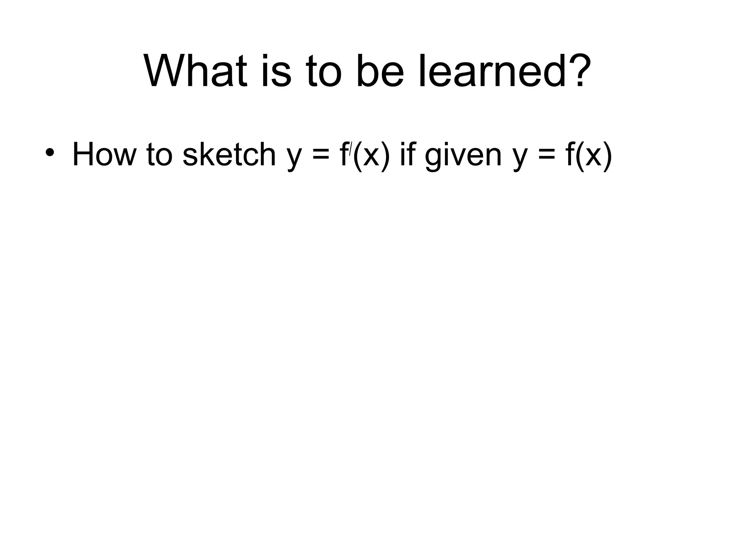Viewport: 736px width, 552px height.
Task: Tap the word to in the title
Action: point(323,71)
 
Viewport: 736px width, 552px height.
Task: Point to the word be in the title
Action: point(380,71)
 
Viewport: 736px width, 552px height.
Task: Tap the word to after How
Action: point(160,155)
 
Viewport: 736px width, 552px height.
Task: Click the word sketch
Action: point(229,155)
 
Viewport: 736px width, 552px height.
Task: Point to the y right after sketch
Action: point(294,158)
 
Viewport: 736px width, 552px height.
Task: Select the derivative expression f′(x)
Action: point(364,155)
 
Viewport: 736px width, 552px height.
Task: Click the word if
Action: point(406,155)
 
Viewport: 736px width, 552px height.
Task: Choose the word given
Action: point(463,156)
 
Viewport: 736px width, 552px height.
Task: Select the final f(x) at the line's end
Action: point(589,155)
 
